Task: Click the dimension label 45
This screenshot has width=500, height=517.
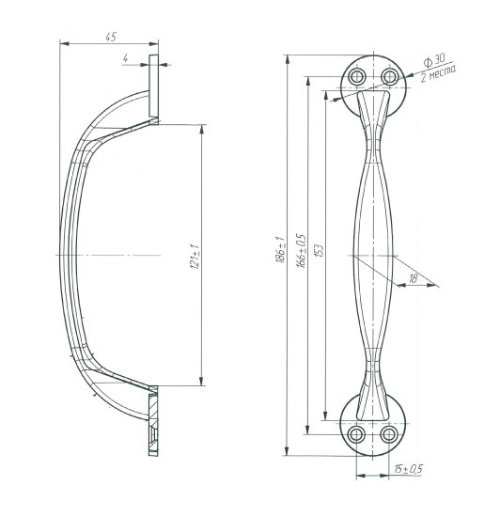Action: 111,37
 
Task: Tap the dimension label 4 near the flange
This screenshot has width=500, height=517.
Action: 125,58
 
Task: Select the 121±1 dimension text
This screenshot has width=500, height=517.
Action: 195,257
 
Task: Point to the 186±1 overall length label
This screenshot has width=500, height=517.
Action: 280,249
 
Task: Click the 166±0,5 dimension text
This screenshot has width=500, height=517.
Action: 303,251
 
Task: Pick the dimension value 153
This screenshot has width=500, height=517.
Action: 320,251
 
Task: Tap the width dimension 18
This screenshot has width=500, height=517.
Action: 413,278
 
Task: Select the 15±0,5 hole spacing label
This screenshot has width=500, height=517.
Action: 408,468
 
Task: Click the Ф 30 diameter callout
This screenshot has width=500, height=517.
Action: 434,61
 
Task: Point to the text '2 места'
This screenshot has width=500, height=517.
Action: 438,74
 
